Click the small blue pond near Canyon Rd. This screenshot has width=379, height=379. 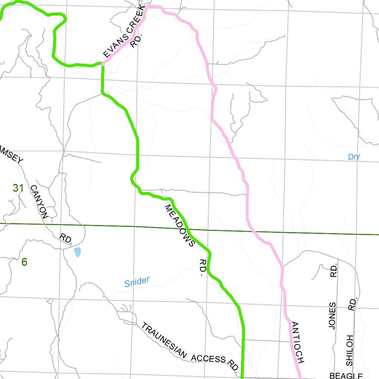pos(77,252)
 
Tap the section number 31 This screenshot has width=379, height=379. pos(18,188)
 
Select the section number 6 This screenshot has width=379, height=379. pos(24,262)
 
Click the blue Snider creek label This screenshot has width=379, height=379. pos(137,282)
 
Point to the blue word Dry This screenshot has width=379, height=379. pos(354,157)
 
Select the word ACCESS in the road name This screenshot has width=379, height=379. pos(208,358)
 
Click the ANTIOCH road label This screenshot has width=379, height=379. pos(298,342)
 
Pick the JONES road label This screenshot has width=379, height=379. pos(332,315)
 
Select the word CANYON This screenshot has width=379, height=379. pos(39,202)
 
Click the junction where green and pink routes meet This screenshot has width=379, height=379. pos(103,64)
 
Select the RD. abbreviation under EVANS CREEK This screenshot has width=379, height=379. pos(137,41)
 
